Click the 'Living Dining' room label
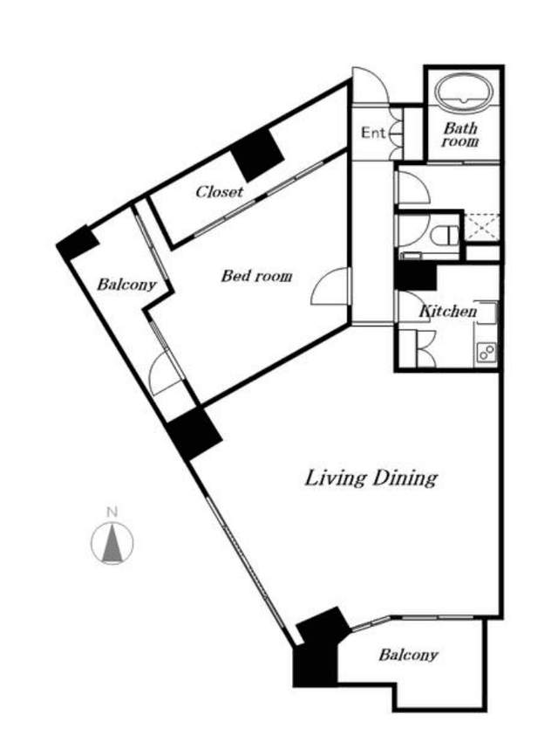click(x=371, y=478)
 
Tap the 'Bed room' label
click(x=256, y=276)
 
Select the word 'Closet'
click(x=220, y=191)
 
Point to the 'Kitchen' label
click(x=448, y=312)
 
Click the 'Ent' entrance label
click(x=372, y=133)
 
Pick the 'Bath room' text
click(x=460, y=134)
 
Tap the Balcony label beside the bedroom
click(x=126, y=285)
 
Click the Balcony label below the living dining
click(x=408, y=655)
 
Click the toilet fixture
click(x=444, y=236)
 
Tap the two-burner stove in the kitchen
click(x=487, y=353)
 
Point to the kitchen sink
click(x=487, y=313)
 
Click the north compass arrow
click(x=112, y=543)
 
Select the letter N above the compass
click(x=112, y=513)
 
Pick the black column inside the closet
click(x=257, y=155)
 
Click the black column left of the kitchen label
click(x=416, y=277)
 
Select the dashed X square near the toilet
click(x=481, y=228)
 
